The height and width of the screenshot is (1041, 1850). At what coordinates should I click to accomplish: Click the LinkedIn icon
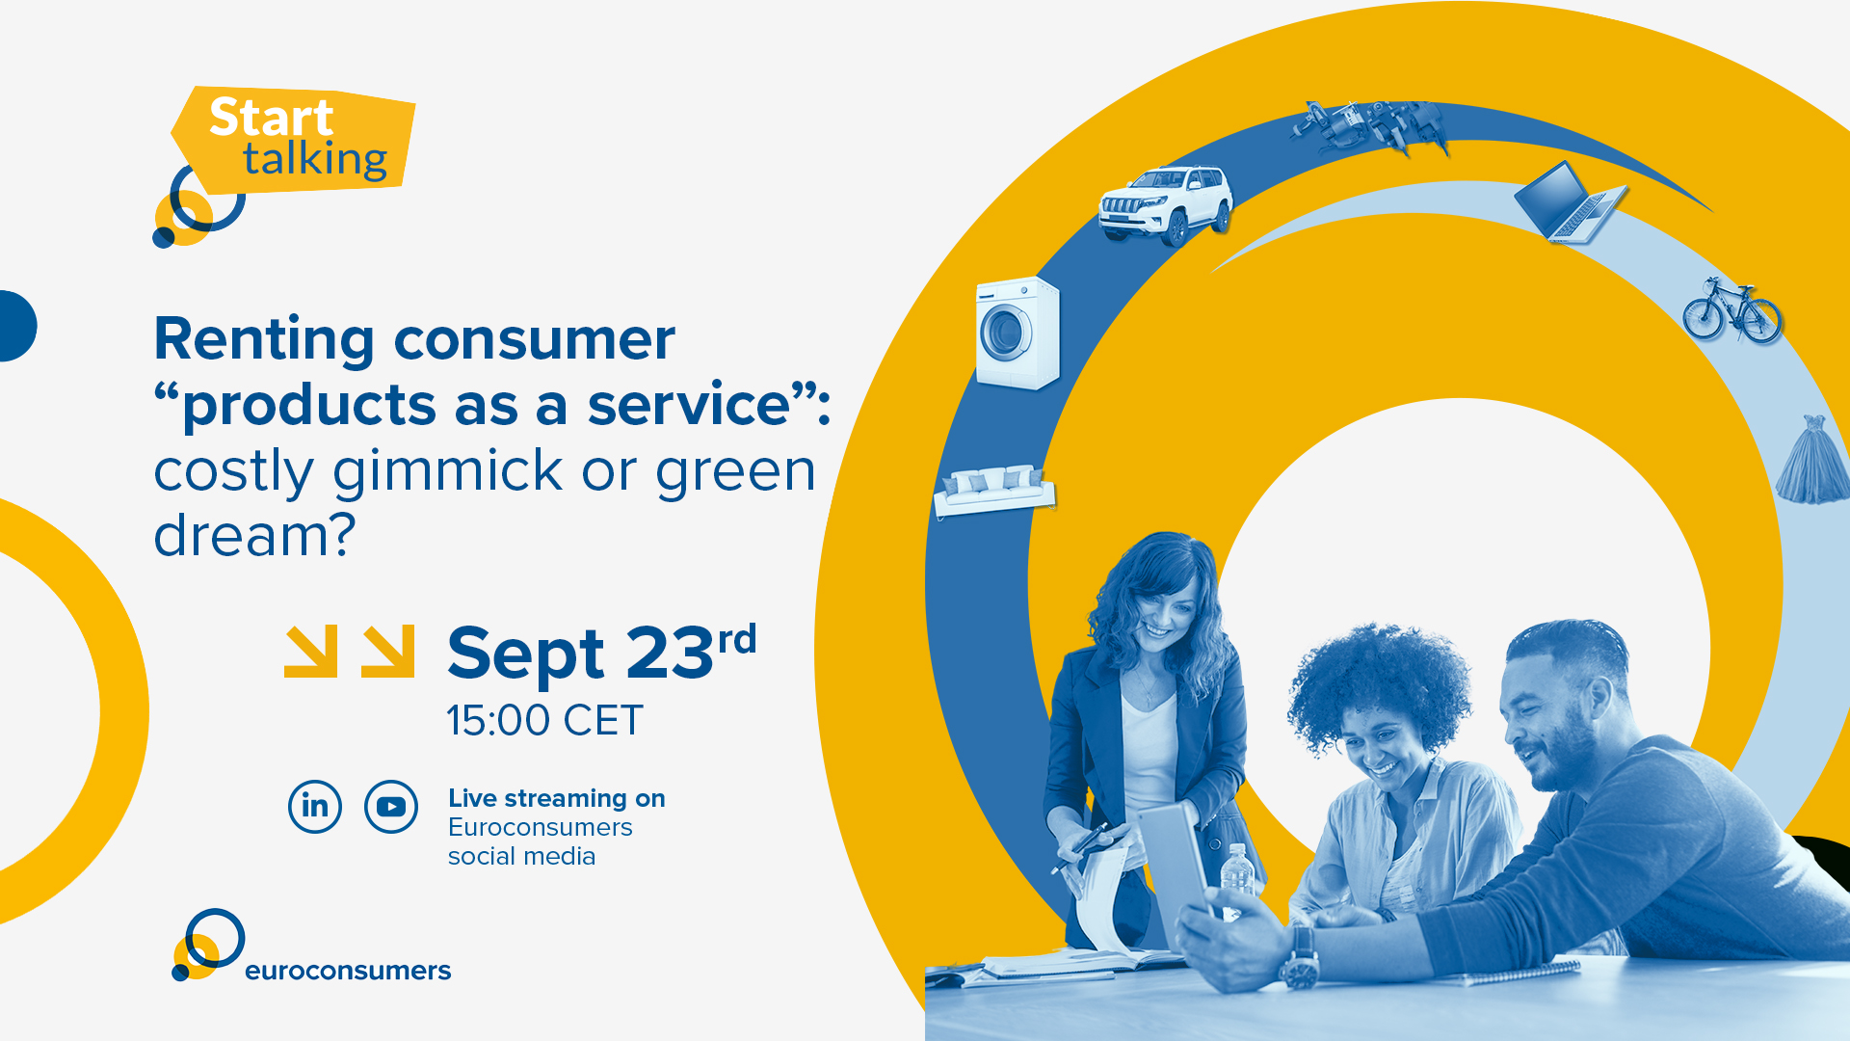[x=315, y=806]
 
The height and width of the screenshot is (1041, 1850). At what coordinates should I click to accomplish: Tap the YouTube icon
[x=391, y=806]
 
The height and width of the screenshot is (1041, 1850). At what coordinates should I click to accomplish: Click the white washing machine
[x=1017, y=334]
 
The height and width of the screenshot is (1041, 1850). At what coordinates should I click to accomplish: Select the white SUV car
[x=1166, y=204]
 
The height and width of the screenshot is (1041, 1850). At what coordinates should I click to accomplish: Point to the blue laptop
[x=1569, y=202]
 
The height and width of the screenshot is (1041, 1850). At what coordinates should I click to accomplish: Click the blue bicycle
[x=1731, y=310]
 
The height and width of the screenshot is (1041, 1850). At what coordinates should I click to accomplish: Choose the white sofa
[x=994, y=490]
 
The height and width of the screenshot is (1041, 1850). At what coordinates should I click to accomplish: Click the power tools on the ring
[x=1370, y=127]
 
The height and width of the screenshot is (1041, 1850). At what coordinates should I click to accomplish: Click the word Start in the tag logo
[x=271, y=118]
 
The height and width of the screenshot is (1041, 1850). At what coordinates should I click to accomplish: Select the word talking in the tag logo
[x=315, y=160]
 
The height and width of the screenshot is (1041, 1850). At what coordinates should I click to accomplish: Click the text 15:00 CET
[x=544, y=721]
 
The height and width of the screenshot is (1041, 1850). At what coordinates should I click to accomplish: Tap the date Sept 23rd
[x=602, y=653]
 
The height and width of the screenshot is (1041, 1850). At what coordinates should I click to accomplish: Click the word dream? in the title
[x=254, y=535]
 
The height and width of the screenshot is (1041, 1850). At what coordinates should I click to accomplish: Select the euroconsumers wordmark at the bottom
[x=348, y=971]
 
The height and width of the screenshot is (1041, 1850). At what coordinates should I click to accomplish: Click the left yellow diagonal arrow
[x=311, y=652]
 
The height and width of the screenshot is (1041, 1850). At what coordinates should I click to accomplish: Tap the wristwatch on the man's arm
[x=1300, y=958]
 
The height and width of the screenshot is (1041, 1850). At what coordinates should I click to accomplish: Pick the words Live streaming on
[x=557, y=799]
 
